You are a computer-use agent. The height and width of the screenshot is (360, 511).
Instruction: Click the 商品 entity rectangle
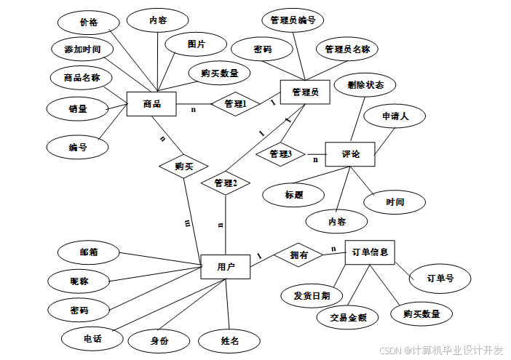tap(152, 104)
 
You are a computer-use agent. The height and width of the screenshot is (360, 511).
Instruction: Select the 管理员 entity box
tap(305, 92)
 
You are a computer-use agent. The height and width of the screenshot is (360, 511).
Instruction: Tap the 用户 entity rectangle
tap(225, 267)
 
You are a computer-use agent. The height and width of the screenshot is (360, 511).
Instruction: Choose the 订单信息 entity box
tap(369, 253)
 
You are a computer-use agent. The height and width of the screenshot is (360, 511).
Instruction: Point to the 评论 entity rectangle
tap(350, 154)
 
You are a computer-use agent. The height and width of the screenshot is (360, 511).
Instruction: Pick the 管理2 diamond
tap(226, 184)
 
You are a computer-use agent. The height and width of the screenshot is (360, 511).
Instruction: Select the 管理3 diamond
tap(280, 154)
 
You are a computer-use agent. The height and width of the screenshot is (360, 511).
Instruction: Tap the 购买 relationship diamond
tap(183, 167)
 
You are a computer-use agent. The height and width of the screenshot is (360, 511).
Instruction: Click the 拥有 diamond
tap(298, 255)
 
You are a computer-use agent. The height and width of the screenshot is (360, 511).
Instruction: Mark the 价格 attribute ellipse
tap(88, 23)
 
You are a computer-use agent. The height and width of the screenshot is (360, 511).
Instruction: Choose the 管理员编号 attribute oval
tap(292, 20)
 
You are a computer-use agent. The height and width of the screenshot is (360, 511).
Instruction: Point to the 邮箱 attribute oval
tap(89, 252)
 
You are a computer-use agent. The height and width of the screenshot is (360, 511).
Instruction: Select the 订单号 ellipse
tap(440, 277)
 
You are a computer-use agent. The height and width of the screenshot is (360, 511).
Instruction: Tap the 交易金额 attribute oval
tap(347, 317)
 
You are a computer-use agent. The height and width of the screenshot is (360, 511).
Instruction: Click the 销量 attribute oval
tap(78, 109)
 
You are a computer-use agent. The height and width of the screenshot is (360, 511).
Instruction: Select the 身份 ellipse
tap(159, 340)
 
